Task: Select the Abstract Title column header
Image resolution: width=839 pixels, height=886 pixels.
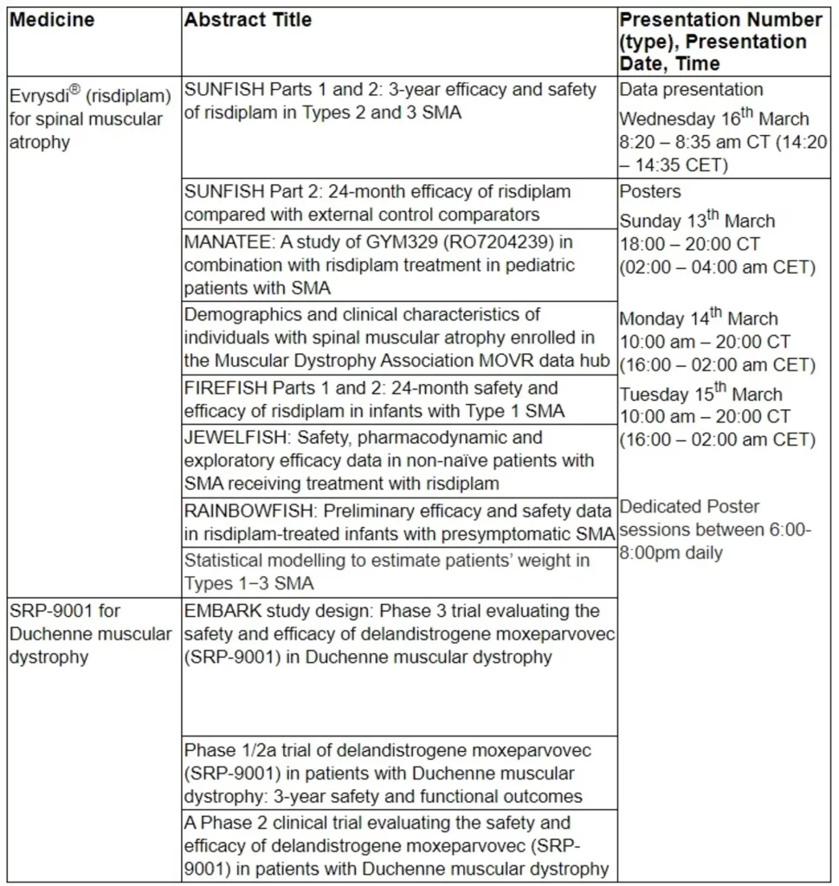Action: [248, 19]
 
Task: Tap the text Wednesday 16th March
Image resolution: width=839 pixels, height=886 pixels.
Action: [714, 119]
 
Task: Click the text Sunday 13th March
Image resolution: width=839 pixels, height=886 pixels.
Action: [697, 221]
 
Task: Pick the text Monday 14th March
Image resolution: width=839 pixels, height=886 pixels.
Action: [699, 318]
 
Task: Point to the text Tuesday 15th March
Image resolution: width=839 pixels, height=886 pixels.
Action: [700, 394]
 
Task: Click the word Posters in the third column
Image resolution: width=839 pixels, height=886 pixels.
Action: [650, 191]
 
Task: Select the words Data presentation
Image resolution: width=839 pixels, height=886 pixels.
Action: [692, 89]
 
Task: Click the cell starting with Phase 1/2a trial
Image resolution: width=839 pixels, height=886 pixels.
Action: [399, 772]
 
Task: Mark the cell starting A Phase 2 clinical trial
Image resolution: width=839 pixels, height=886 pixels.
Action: [399, 845]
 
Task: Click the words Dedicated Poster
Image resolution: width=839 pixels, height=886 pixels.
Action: [690, 506]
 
